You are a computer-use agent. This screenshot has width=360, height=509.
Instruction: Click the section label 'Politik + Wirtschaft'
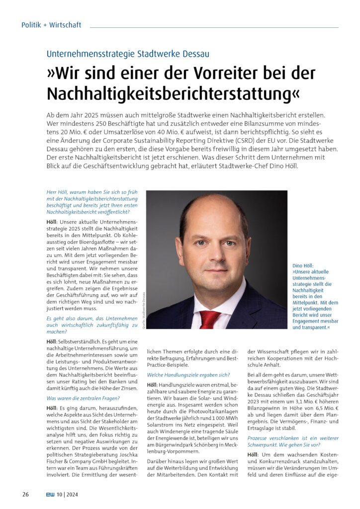(51, 25)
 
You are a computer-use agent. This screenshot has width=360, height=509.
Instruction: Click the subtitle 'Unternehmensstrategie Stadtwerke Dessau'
(128, 53)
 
